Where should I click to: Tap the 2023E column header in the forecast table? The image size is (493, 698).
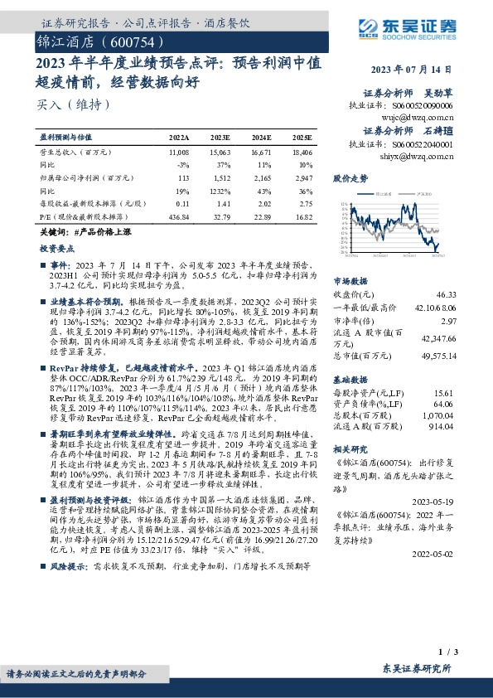[x=220, y=138]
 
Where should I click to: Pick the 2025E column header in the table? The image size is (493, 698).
[x=302, y=138]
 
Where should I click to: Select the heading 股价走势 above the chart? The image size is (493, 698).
[x=350, y=178]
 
